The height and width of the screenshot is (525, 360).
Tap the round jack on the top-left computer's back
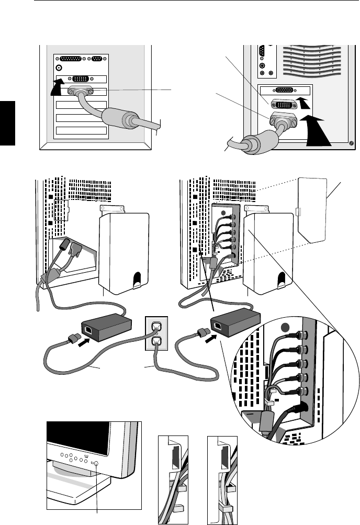(59, 68)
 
